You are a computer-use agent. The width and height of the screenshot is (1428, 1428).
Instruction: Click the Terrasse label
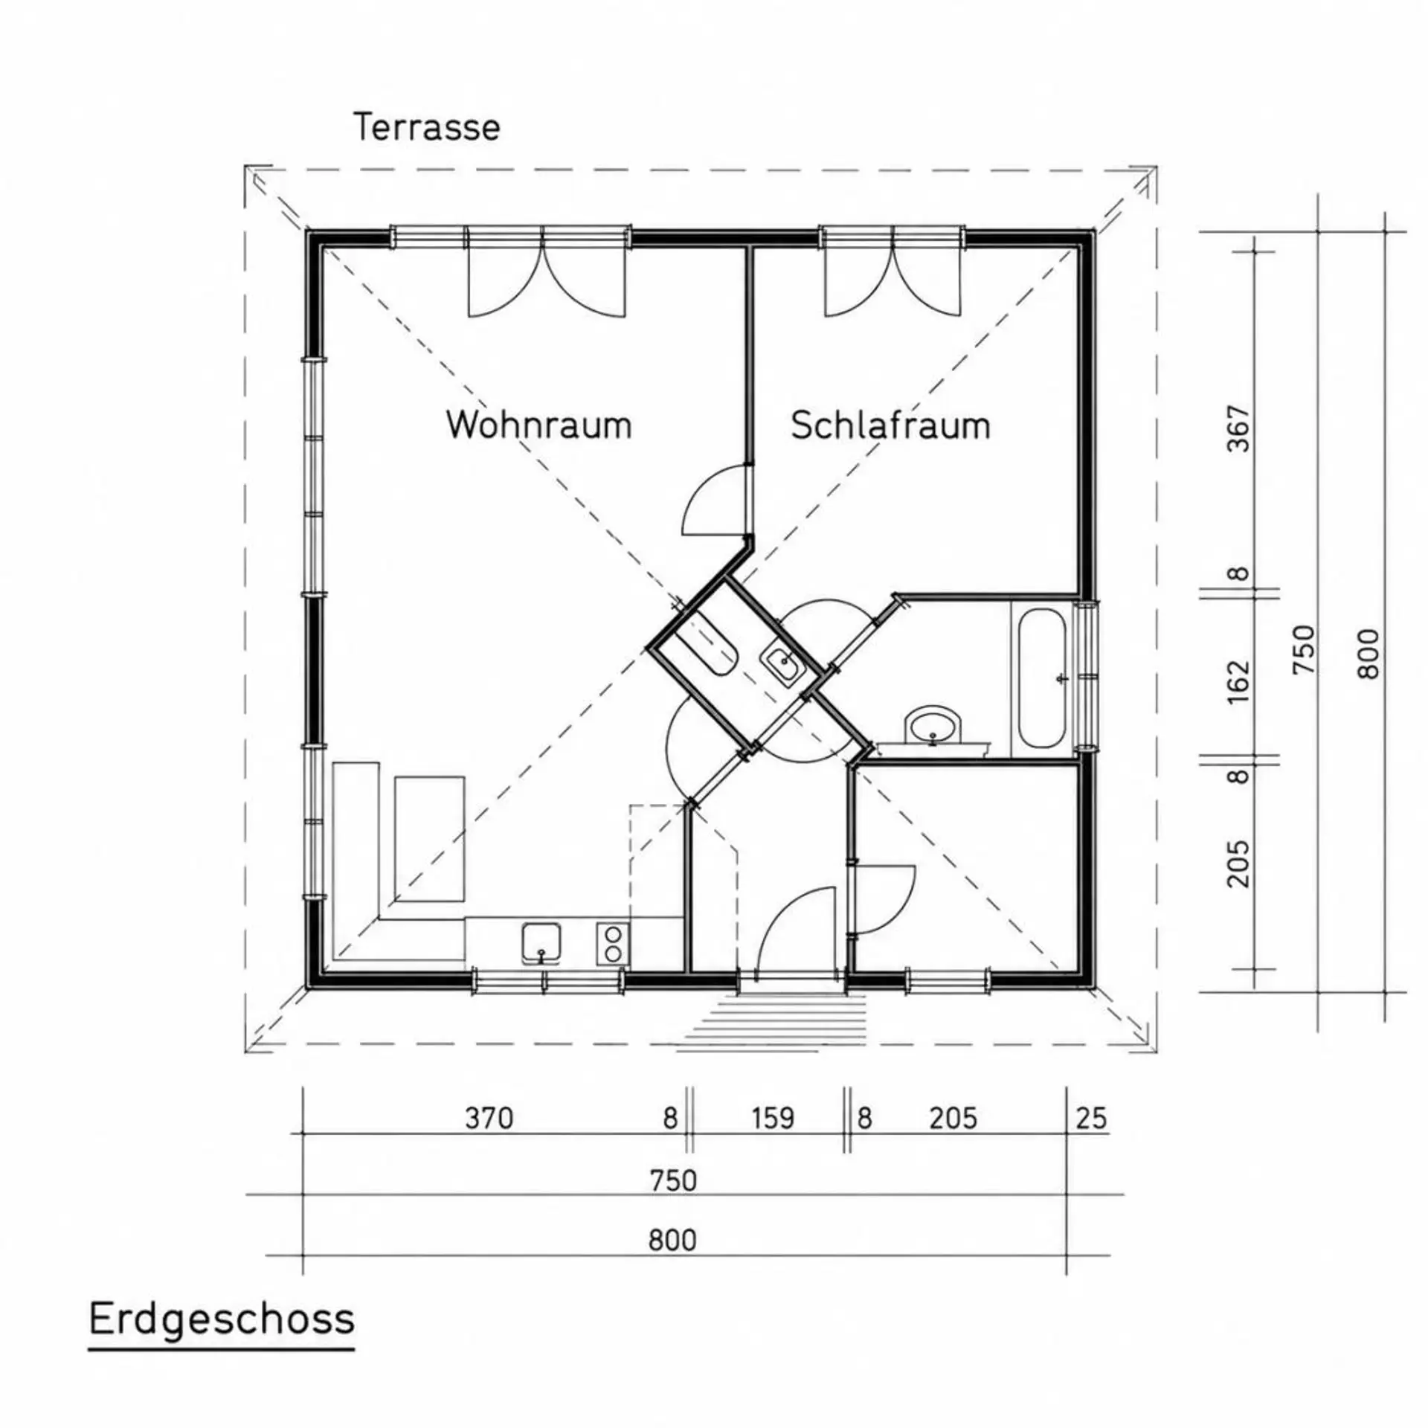point(427,127)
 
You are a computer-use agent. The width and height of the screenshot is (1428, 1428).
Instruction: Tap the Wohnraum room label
point(539,425)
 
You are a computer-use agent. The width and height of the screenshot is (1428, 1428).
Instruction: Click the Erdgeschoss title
point(222,1320)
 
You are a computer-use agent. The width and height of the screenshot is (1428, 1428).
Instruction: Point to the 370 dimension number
point(489,1118)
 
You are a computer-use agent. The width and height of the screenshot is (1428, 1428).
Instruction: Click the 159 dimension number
point(773,1118)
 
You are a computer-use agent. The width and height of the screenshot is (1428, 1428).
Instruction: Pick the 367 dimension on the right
point(1240,428)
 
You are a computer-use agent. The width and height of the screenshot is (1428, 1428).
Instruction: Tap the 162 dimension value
point(1240,682)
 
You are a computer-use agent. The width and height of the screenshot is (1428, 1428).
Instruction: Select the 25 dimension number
point(1091,1118)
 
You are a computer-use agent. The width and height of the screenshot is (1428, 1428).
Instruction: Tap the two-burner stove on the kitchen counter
point(613,944)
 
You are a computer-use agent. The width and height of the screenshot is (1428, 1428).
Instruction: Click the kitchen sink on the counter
point(541,944)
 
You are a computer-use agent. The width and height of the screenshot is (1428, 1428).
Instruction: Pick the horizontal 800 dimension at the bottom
point(672,1241)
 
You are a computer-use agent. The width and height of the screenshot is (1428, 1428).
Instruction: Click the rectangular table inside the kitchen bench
point(429,839)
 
